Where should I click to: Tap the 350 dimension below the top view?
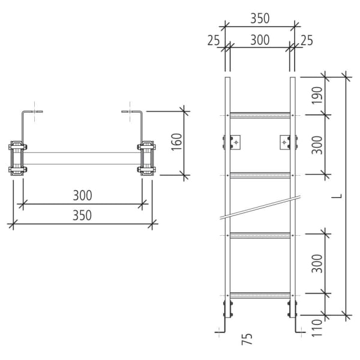coord(82,215)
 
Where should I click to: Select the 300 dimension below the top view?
coord(82,196)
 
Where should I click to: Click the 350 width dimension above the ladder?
coord(260,19)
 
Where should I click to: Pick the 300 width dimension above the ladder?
coord(260,40)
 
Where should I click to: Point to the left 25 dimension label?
coord(214,40)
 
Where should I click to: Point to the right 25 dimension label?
coord(307,40)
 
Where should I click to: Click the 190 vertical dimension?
coord(317,95)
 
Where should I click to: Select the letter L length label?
coord(340,195)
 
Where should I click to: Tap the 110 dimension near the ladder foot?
coord(317,326)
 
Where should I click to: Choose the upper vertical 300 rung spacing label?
coord(317,145)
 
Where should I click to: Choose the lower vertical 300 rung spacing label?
coord(317,263)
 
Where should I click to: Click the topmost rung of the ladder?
coord(260,115)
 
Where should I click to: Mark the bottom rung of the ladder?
coord(260,295)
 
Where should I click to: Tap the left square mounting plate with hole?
coord(236,142)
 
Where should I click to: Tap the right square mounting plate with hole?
coord(284,142)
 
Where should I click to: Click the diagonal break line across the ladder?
coord(260,206)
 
